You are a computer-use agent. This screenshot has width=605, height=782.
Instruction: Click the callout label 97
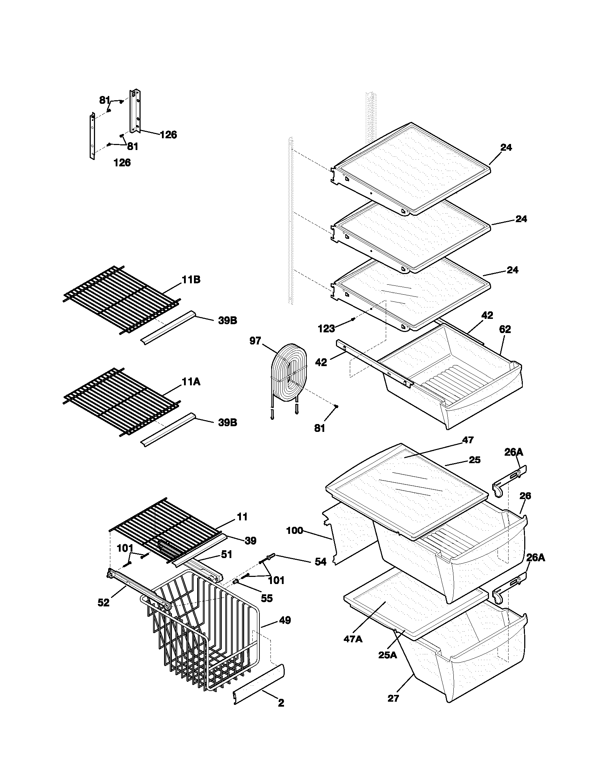(x=255, y=341)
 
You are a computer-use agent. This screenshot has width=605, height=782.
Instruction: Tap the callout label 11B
(x=191, y=280)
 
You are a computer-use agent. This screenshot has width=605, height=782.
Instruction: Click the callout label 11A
(x=191, y=382)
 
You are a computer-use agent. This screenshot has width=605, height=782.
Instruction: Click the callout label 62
(x=505, y=329)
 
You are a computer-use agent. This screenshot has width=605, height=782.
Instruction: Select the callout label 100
(x=295, y=530)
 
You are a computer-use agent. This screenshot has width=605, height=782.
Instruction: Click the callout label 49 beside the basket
(x=285, y=620)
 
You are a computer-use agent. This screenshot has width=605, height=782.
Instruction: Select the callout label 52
(x=104, y=603)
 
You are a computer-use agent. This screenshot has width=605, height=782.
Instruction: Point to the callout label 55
(x=267, y=598)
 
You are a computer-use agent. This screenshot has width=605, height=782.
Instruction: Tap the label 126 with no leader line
(x=122, y=162)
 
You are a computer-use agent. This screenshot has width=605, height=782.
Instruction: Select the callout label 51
(x=226, y=555)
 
